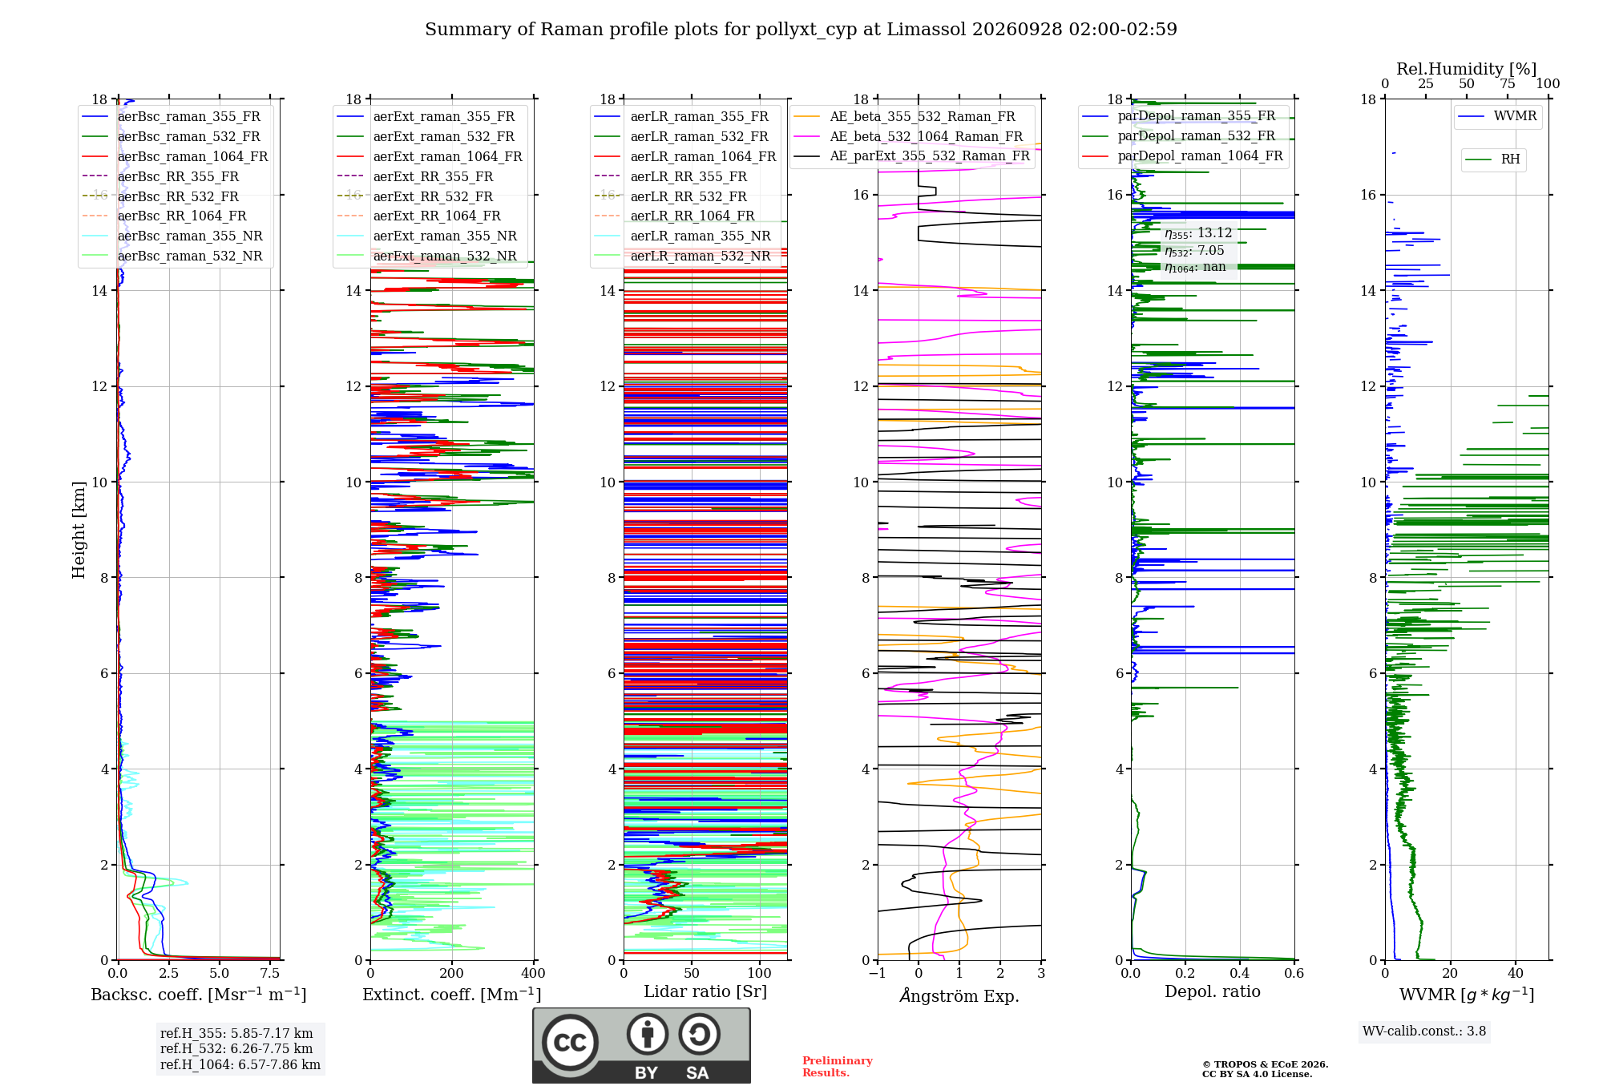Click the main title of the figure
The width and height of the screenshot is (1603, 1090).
tap(801, 30)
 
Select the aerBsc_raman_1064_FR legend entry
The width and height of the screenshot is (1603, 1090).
tap(175, 156)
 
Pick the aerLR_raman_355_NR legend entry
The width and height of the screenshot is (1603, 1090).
tap(682, 236)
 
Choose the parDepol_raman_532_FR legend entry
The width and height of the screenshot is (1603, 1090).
tap(1178, 136)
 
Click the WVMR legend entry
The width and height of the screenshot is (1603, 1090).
tap(1497, 116)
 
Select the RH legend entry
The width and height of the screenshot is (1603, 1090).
tap(1492, 159)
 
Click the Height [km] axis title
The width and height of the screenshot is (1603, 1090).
tap(79, 530)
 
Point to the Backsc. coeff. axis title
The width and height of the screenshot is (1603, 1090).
tap(199, 994)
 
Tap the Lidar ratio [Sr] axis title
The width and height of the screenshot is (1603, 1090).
tap(705, 991)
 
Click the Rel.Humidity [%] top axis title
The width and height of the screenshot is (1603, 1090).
tap(1467, 69)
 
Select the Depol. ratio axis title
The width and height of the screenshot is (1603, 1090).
tap(1213, 991)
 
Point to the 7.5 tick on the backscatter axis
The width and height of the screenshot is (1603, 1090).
tap(270, 973)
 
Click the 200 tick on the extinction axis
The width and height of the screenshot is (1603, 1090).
tap(452, 973)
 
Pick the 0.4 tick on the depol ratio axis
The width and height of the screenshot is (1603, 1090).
tap(1240, 973)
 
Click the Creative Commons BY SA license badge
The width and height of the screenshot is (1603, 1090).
tap(642, 1045)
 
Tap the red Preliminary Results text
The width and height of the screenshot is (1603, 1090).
tap(838, 1067)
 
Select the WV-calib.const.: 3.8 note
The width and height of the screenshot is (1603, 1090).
tap(1424, 1031)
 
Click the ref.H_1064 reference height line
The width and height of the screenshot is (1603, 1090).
tap(240, 1065)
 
